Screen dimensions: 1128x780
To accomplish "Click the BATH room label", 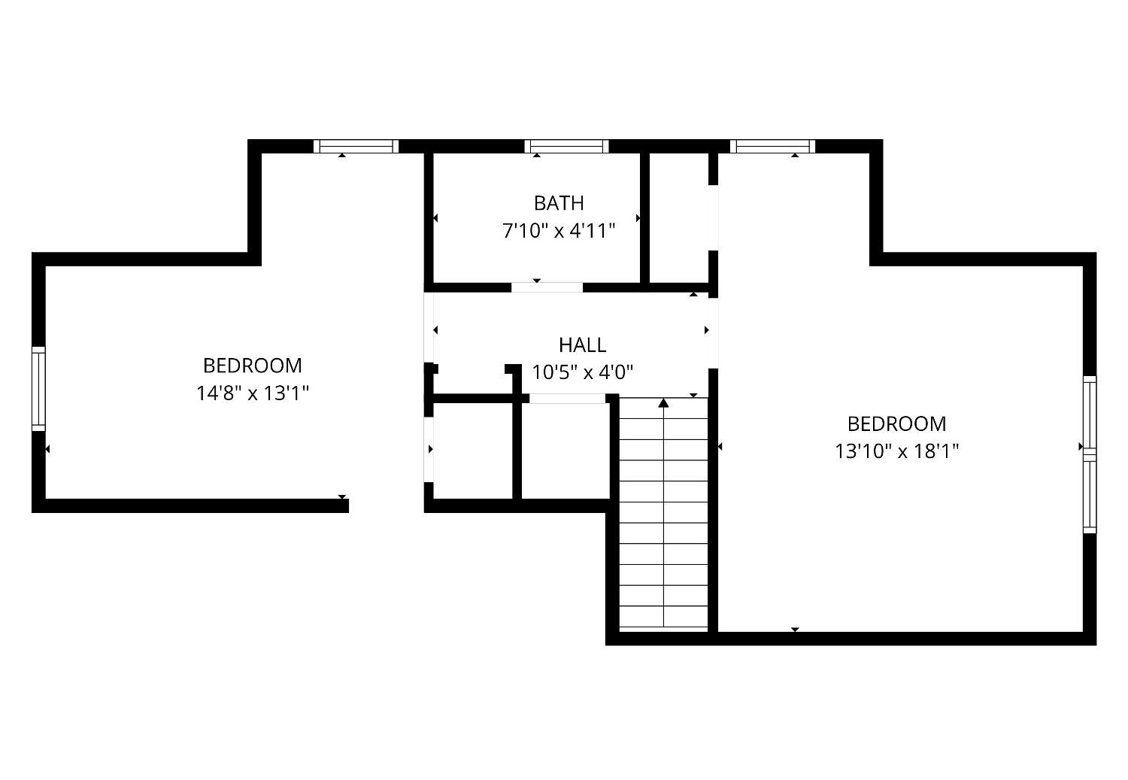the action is click(x=559, y=203).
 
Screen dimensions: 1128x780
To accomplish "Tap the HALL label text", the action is click(x=582, y=345).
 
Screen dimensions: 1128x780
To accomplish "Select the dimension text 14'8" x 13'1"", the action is click(x=252, y=393).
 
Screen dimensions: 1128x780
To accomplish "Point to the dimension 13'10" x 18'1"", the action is click(x=896, y=451).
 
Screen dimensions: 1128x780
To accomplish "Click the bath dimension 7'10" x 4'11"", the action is click(x=559, y=231).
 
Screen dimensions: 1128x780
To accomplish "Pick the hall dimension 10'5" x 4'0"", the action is click(x=582, y=373).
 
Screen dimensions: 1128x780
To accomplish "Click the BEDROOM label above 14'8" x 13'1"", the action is click(x=252, y=366).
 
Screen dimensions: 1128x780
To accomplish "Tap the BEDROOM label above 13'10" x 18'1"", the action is click(x=896, y=424).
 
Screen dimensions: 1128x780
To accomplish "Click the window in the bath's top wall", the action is click(x=566, y=147).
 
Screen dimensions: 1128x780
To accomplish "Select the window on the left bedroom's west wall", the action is click(x=39, y=388).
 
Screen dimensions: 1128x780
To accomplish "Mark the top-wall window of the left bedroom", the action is click(x=356, y=147).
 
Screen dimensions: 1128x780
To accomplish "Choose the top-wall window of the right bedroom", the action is click(x=772, y=147).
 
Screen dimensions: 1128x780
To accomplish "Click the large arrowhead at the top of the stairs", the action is click(x=663, y=403).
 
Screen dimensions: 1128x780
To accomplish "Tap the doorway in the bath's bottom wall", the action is click(x=547, y=287).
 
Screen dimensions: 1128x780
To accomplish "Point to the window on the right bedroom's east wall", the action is click(x=1090, y=454).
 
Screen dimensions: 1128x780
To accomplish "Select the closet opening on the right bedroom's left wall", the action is click(x=713, y=217).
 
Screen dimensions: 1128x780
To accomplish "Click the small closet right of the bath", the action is click(x=679, y=217).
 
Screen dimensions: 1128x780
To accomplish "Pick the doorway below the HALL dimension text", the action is click(x=567, y=399).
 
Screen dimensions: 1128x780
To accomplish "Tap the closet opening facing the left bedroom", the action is click(x=429, y=449).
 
